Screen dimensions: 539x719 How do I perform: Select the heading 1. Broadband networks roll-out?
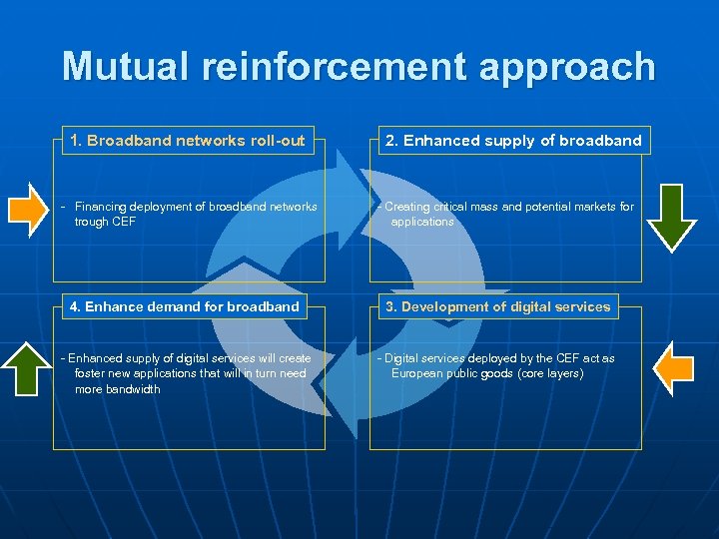coord(188,141)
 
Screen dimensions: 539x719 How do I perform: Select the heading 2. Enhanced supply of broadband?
coord(513,141)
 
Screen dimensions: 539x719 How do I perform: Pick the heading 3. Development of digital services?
coord(505,306)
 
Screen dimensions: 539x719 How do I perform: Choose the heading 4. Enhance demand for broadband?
coord(185,306)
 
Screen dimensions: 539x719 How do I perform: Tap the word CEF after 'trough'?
coord(123,222)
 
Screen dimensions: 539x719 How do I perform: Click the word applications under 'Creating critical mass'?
coord(422,222)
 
